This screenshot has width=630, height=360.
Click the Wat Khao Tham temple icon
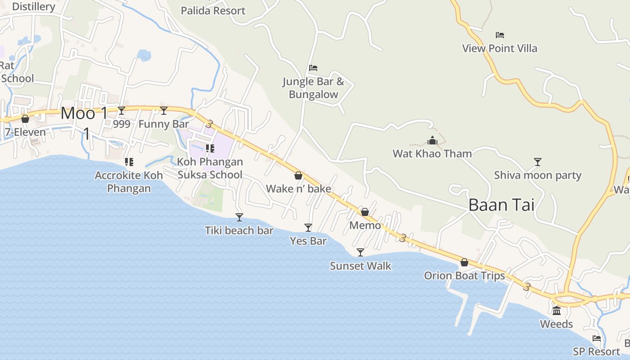coord(432,140)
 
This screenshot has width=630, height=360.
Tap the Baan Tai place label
coord(501,205)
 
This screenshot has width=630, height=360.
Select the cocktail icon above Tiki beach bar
coord(239,217)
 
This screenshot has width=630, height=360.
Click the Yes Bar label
coord(308,241)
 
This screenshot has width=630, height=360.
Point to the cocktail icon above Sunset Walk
coord(360,252)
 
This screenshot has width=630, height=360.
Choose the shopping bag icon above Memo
coord(365,211)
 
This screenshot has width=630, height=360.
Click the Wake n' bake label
coord(298,189)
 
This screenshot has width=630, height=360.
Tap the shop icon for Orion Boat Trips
coord(464,262)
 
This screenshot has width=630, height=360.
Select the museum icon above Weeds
coord(557,310)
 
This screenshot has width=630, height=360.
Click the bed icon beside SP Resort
coord(597,338)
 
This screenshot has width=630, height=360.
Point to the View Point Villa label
coord(499,48)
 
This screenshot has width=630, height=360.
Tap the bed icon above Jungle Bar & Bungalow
coord(313,68)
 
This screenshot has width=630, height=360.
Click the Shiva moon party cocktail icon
coord(537,162)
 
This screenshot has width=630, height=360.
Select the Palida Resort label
coord(213,10)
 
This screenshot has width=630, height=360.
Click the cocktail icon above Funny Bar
coord(164,111)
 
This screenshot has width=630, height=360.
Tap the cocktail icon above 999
coord(121,111)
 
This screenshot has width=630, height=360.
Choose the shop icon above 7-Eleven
coord(25,119)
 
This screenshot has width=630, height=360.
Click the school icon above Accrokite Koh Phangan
coord(129,162)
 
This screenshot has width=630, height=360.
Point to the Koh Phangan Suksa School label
coord(210,168)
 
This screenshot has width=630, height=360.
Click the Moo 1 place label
coord(85,113)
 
